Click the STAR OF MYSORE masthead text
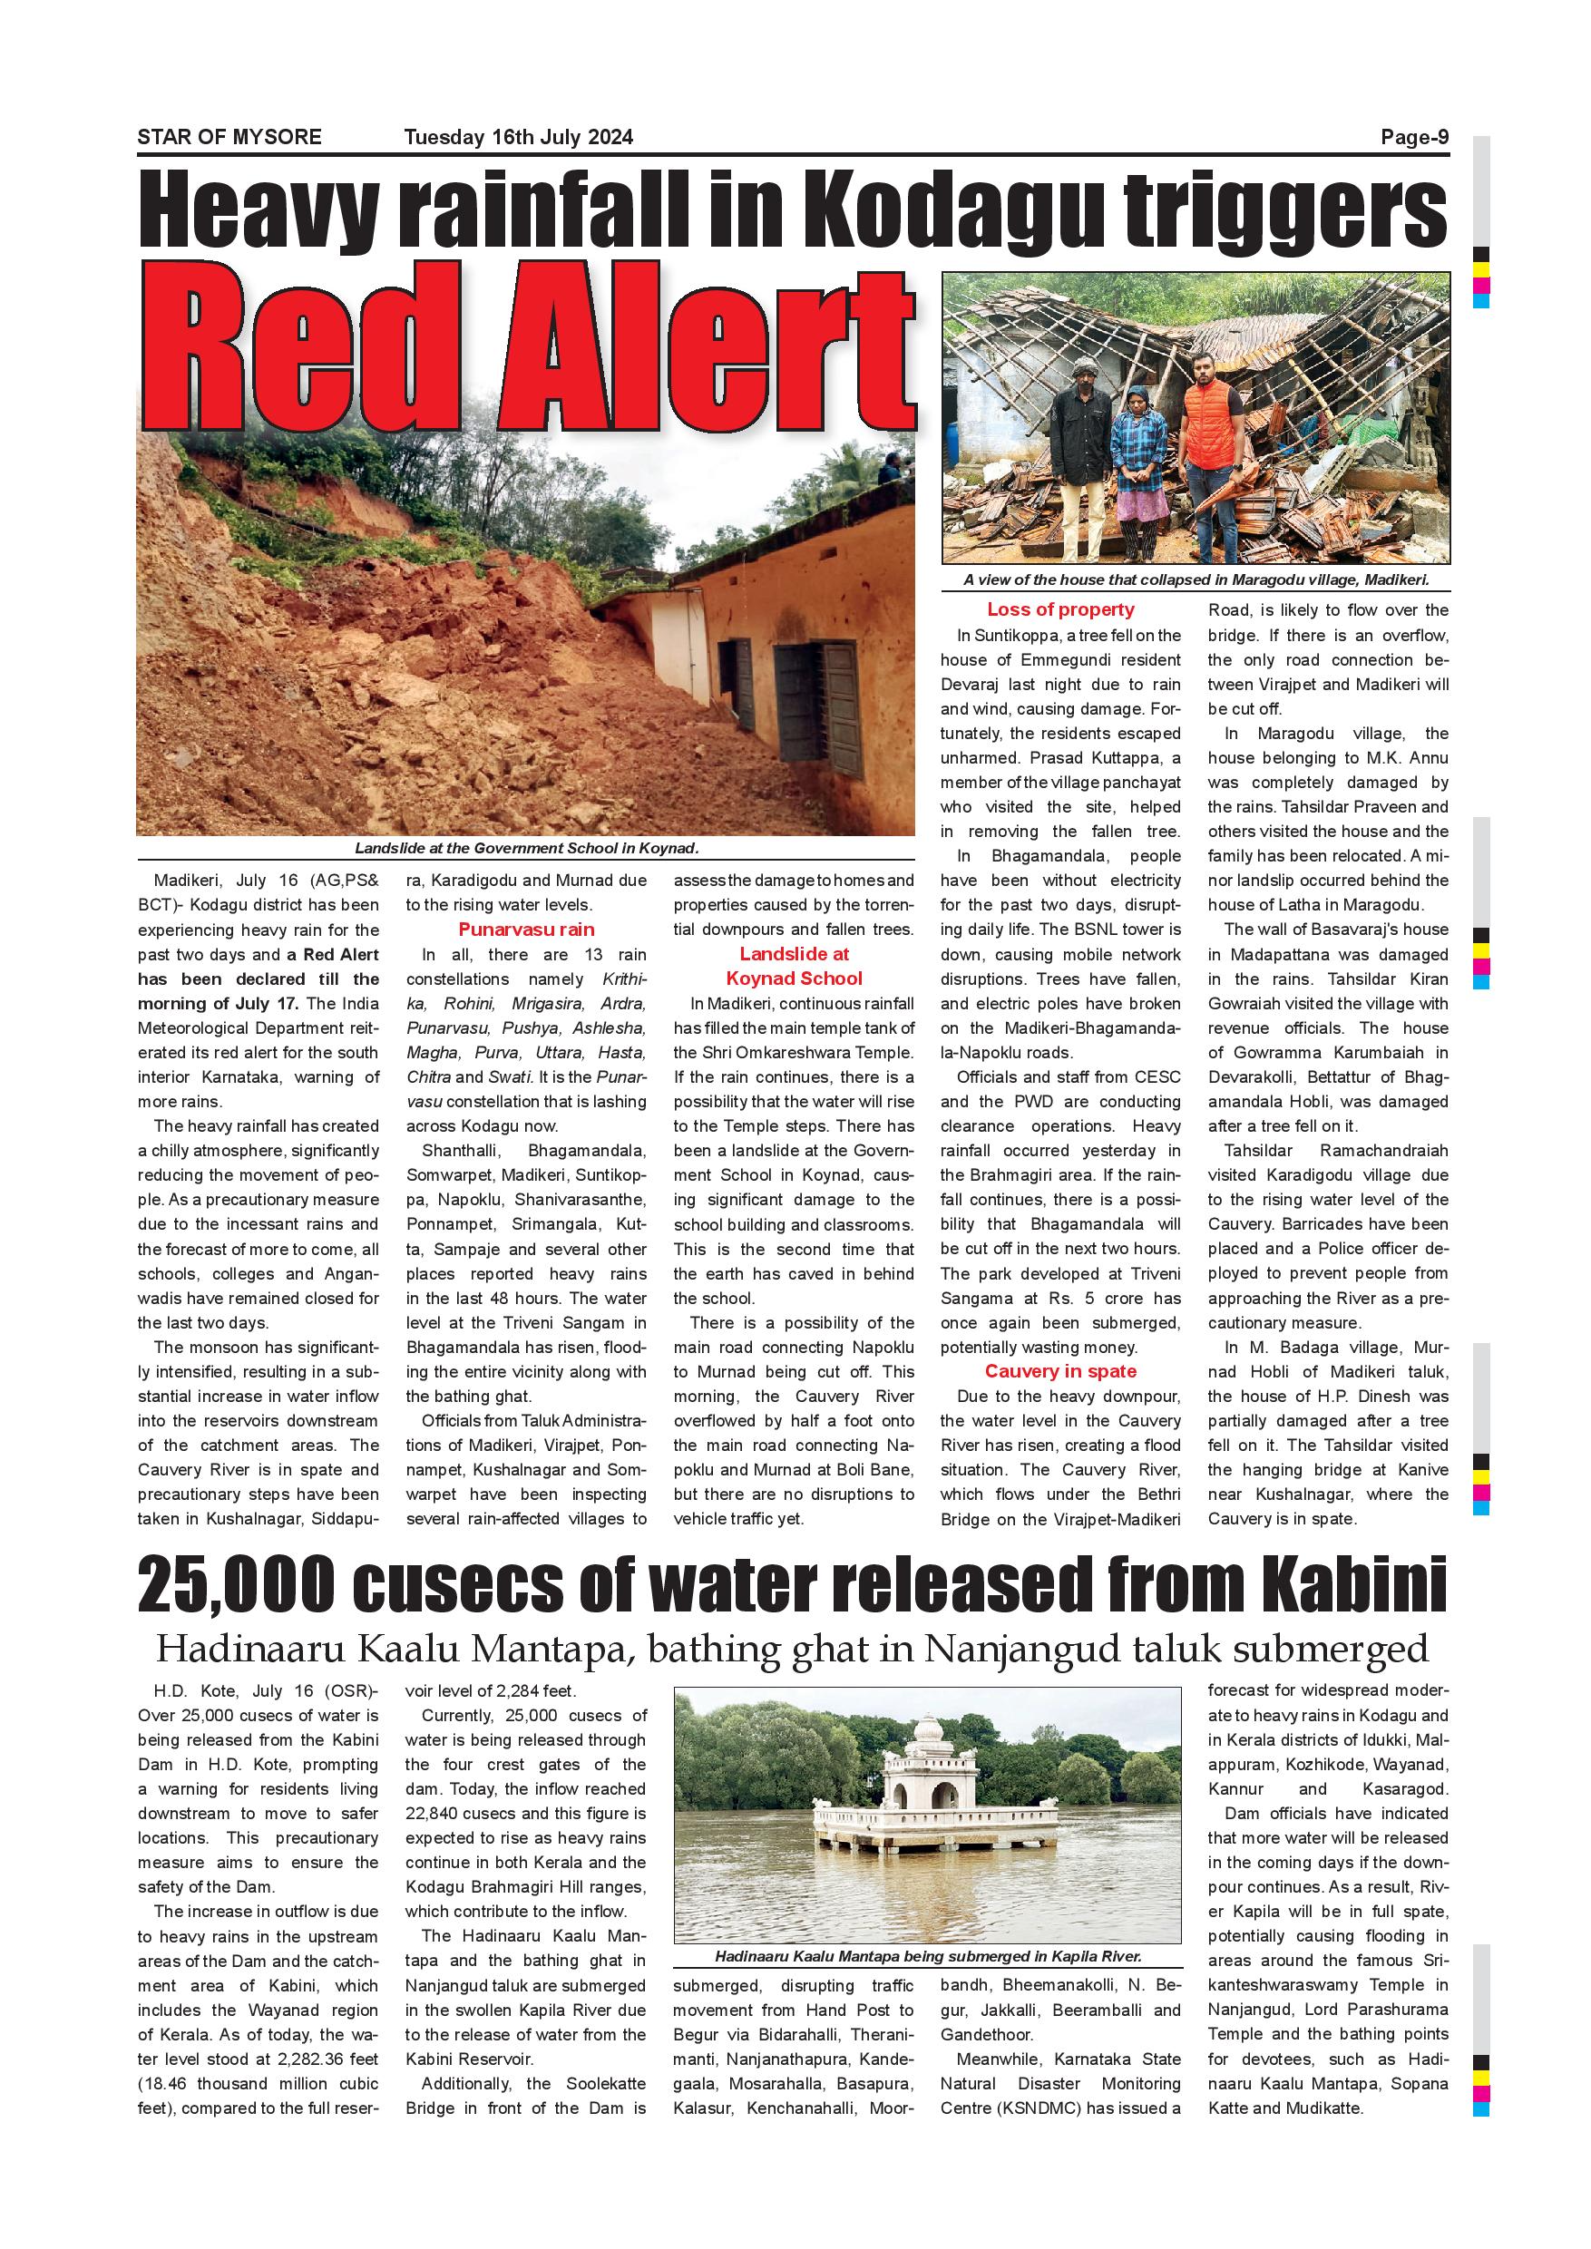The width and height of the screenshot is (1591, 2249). click(x=229, y=137)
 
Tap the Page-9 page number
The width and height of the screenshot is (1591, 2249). click(x=1414, y=137)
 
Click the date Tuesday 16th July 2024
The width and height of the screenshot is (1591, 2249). click(x=518, y=137)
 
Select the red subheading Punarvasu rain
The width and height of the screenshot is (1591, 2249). click(x=526, y=930)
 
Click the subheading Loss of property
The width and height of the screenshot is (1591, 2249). click(x=1060, y=609)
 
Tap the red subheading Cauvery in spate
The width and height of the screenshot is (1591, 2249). click(x=1060, y=1371)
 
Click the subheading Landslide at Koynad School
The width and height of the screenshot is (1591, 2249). click(x=794, y=966)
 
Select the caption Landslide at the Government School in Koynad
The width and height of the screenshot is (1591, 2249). click(x=526, y=848)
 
